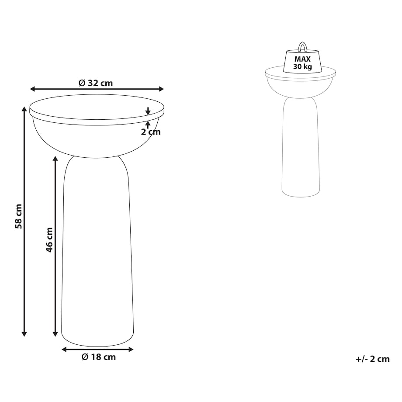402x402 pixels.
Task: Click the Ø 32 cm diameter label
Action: tap(96, 83)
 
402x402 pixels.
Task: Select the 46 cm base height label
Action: tap(49, 240)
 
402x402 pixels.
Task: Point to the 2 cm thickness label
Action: tap(151, 132)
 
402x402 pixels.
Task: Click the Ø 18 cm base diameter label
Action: tap(99, 357)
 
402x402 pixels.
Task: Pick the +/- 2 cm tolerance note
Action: tap(373, 359)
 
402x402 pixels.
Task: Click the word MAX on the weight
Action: tap(302, 59)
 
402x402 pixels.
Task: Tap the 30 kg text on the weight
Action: tap(302, 67)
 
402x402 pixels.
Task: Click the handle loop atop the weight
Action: tap(302, 46)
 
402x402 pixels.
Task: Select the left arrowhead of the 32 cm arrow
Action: tap(33, 89)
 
